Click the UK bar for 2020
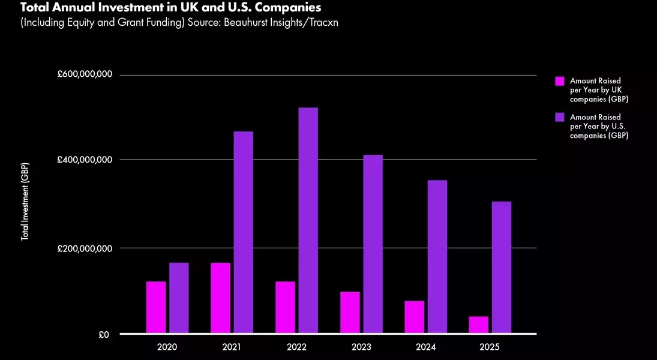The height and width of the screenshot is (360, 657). click(156, 307)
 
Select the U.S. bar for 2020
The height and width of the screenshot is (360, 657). click(179, 298)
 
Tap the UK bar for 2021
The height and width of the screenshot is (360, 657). click(220, 298)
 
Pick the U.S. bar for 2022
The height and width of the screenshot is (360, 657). click(308, 220)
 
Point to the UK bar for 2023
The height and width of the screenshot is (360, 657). click(350, 312)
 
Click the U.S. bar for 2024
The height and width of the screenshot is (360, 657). click(437, 256)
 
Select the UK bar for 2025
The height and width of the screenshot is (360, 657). click(479, 325)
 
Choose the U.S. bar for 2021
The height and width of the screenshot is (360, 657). click(244, 232)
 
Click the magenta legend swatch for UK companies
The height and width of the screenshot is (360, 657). click(560, 81)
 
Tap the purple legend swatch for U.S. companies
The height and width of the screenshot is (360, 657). click(560, 118)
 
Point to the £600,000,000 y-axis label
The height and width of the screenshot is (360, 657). click(85, 74)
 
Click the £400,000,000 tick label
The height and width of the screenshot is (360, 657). click(85, 160)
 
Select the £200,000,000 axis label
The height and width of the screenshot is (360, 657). click(85, 248)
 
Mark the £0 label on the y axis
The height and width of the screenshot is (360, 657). click(104, 335)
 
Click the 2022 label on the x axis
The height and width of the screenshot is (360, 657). click(296, 347)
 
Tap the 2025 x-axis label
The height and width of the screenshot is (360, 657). click(490, 347)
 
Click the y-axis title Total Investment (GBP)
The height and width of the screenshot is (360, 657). click(25, 202)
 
